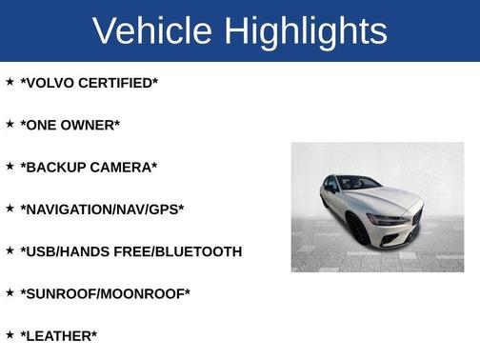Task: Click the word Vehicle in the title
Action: (152, 31)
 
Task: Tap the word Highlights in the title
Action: (306, 31)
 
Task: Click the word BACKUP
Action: (54, 167)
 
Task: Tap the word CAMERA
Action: (123, 167)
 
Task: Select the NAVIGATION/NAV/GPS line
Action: (102, 209)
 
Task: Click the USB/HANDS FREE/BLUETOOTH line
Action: (130, 251)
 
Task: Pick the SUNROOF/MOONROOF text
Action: (105, 293)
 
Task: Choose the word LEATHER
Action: (58, 335)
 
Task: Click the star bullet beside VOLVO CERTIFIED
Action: (10, 82)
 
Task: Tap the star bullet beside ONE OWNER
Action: (10, 124)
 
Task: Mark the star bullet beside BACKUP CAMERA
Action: (10, 166)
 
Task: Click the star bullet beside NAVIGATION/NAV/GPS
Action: (10, 208)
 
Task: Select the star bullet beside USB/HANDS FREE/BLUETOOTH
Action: (10, 250)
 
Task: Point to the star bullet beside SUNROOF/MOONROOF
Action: (10, 292)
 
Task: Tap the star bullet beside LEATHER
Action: (10, 334)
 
